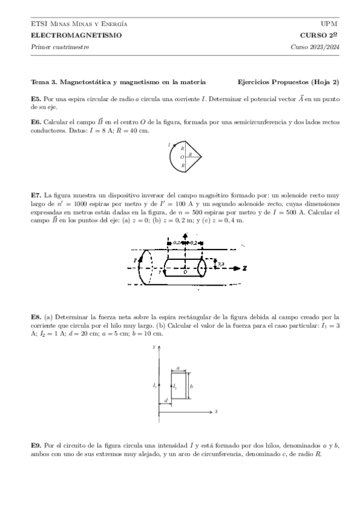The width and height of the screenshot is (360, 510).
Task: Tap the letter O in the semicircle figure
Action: coord(182,157)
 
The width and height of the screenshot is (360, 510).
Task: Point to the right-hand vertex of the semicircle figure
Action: coord(201,157)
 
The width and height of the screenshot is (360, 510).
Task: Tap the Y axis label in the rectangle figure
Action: coord(155,347)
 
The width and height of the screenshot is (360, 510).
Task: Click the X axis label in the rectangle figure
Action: coord(215,411)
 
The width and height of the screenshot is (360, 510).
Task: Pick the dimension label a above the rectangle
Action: coord(179,367)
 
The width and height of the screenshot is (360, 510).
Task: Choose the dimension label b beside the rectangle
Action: coord(191,386)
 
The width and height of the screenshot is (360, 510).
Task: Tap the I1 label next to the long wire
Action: coord(154,386)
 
